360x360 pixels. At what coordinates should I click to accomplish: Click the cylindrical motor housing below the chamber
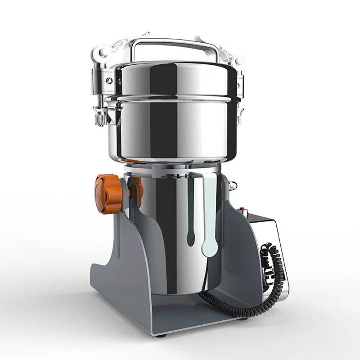pos(171,234)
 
